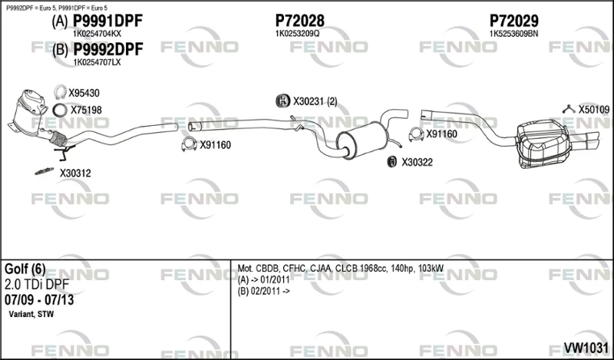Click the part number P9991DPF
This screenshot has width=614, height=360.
108,21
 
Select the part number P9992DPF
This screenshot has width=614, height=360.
108,49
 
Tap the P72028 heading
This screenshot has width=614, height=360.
300,21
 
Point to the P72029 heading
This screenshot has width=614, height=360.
513,21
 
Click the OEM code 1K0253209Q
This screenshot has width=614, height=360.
297,34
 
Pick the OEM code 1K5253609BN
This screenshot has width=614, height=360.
513,34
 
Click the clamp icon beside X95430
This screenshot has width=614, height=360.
60,92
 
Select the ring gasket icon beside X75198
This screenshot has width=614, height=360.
60,110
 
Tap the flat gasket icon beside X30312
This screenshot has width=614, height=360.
44,171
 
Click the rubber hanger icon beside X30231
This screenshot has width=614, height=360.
282,101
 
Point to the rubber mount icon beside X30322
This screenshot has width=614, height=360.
391,161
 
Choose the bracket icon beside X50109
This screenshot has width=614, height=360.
568,109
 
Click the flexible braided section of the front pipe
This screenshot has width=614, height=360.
59,138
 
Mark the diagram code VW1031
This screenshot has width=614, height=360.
586,347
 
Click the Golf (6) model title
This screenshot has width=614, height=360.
25,269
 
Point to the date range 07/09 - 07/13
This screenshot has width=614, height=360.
39,300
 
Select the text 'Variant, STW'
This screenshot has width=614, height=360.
31,314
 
